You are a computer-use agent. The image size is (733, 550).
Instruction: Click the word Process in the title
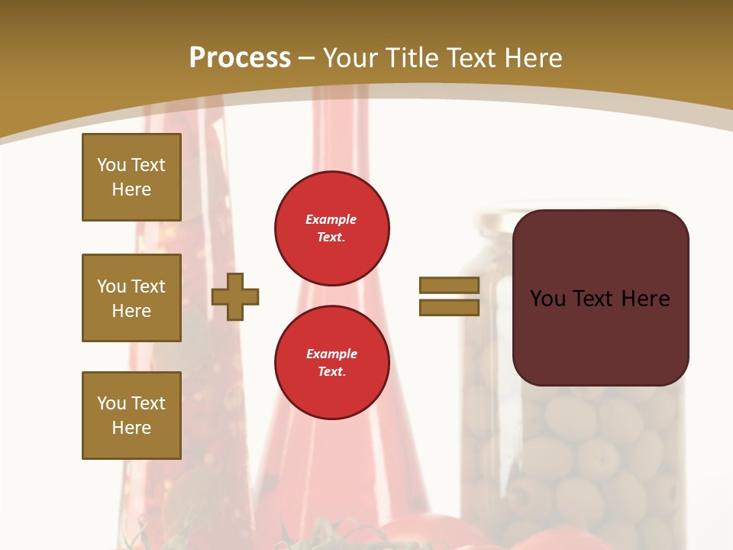[x=240, y=58]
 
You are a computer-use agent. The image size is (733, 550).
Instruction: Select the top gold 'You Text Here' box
[x=131, y=177]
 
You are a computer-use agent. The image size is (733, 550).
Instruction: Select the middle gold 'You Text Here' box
[x=131, y=298]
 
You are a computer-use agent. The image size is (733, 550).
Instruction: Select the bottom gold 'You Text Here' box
[x=131, y=416]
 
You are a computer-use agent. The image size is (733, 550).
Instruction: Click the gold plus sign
[x=235, y=296]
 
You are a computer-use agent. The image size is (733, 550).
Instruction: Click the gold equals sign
[x=449, y=296]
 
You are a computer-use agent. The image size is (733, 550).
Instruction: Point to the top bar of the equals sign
[x=449, y=285]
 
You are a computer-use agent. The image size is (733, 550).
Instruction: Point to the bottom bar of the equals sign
[x=449, y=308]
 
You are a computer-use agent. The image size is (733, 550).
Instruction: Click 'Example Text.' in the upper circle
[x=331, y=228]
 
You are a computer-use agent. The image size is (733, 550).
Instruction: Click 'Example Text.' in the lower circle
[x=331, y=363]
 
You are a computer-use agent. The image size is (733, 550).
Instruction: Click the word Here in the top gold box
[x=131, y=189]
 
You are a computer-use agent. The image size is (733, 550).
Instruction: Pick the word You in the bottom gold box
[x=111, y=403]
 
